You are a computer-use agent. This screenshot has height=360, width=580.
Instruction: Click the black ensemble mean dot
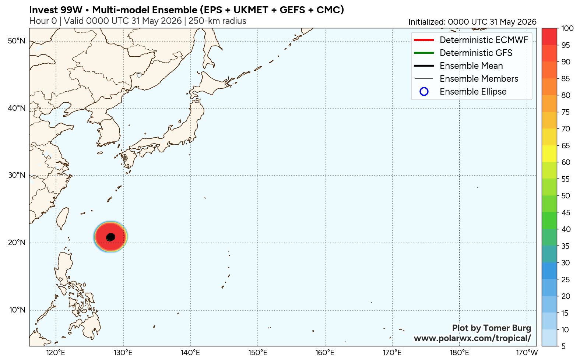pos(110,237)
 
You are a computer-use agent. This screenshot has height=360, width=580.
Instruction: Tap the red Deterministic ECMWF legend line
pos(423,40)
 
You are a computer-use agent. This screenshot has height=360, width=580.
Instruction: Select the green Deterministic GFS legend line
pos(423,53)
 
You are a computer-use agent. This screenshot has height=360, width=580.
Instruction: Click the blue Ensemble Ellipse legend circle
pos(424,92)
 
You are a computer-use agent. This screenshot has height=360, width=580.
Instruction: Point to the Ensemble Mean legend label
pos(471,66)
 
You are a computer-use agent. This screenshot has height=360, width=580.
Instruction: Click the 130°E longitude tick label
pos(123,353)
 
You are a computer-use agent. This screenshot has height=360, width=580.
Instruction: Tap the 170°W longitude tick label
pos(527,353)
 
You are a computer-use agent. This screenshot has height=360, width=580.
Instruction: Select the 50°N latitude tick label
pos(17,41)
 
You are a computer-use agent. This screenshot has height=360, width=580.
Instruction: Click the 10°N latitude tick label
pos(17,310)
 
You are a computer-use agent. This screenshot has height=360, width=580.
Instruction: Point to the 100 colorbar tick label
pos(567,28)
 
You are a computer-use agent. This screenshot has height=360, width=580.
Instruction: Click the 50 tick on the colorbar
pos(566,196)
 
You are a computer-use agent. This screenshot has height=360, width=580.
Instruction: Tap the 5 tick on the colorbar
pos(563,346)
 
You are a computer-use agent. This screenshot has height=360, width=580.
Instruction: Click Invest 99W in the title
pos(56,10)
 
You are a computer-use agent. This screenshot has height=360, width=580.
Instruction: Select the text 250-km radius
pos(217,21)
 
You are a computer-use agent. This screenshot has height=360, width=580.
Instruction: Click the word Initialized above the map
pos(426,22)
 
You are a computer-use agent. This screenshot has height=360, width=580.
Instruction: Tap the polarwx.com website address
pos(472,338)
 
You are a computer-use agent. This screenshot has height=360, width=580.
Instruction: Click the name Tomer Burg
pos(507,328)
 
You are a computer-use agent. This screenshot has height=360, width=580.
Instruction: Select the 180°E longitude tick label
pos(460,353)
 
